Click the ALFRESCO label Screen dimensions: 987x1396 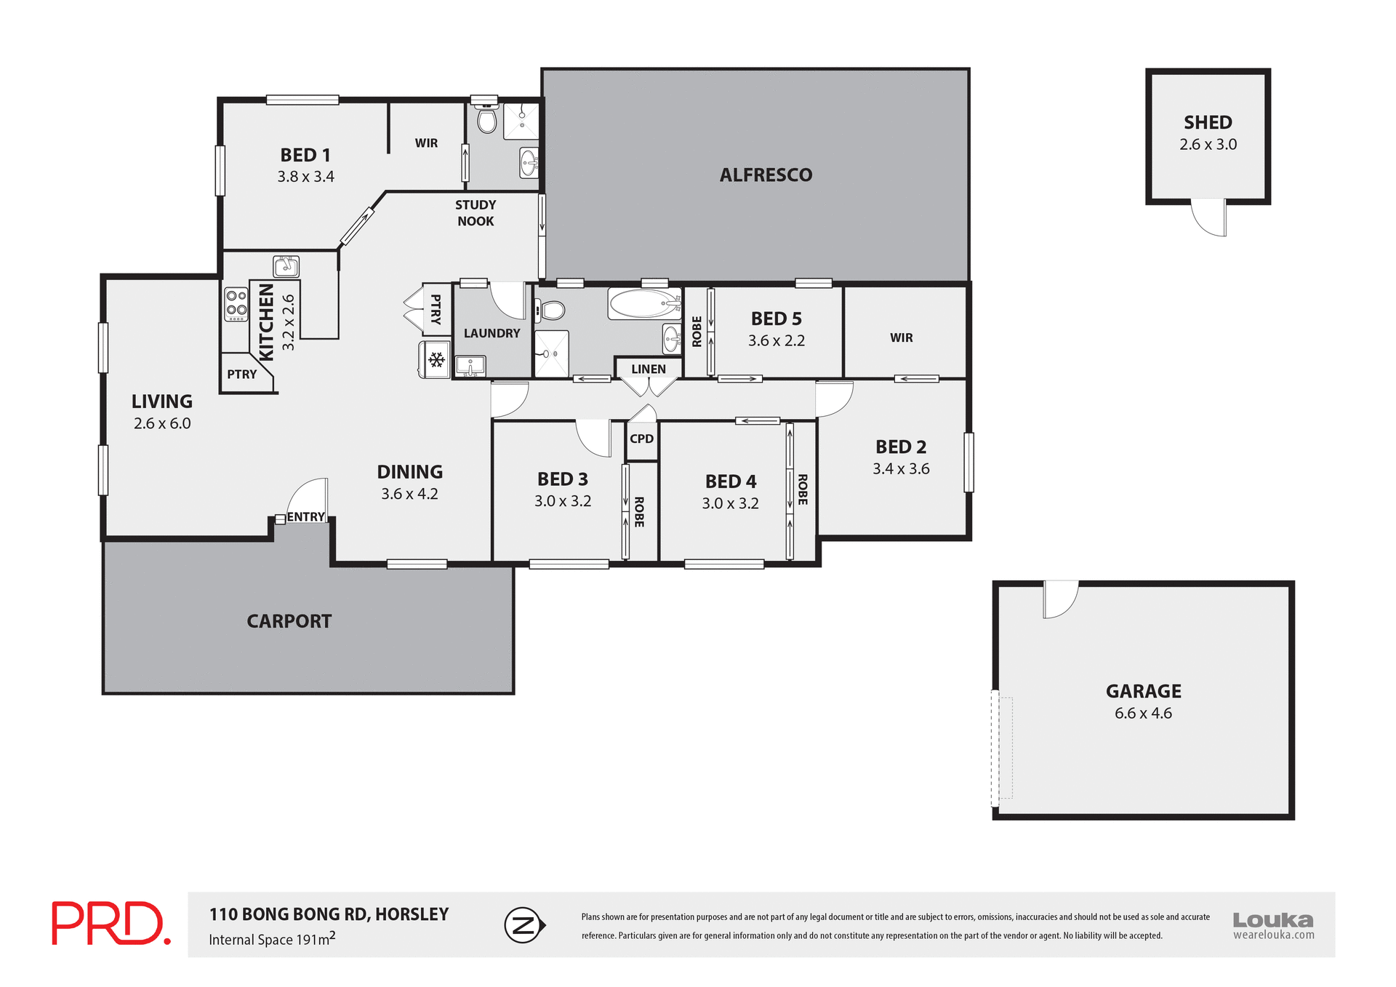(x=766, y=175)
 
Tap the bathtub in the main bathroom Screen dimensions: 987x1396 (x=644, y=303)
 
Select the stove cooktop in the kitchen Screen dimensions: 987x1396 (x=236, y=304)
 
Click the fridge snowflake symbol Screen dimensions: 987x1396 (x=436, y=359)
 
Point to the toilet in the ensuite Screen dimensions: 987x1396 (x=486, y=120)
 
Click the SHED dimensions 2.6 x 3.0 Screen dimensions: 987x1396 (x=1208, y=145)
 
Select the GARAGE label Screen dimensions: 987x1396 (x=1143, y=691)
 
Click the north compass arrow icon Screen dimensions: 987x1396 (x=525, y=925)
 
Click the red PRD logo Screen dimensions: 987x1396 (x=111, y=924)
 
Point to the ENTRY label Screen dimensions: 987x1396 (x=305, y=517)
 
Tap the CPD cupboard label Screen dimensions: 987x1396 (x=641, y=439)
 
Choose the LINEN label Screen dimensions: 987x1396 (x=648, y=369)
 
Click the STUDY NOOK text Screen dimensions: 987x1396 (x=476, y=213)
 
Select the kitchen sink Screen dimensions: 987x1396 (x=286, y=265)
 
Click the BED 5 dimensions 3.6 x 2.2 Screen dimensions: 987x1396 (x=776, y=340)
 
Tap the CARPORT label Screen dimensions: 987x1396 (x=289, y=621)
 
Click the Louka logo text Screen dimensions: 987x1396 (x=1272, y=920)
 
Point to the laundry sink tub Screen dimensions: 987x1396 (x=470, y=365)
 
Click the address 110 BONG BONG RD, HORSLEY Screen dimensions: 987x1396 (x=329, y=914)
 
